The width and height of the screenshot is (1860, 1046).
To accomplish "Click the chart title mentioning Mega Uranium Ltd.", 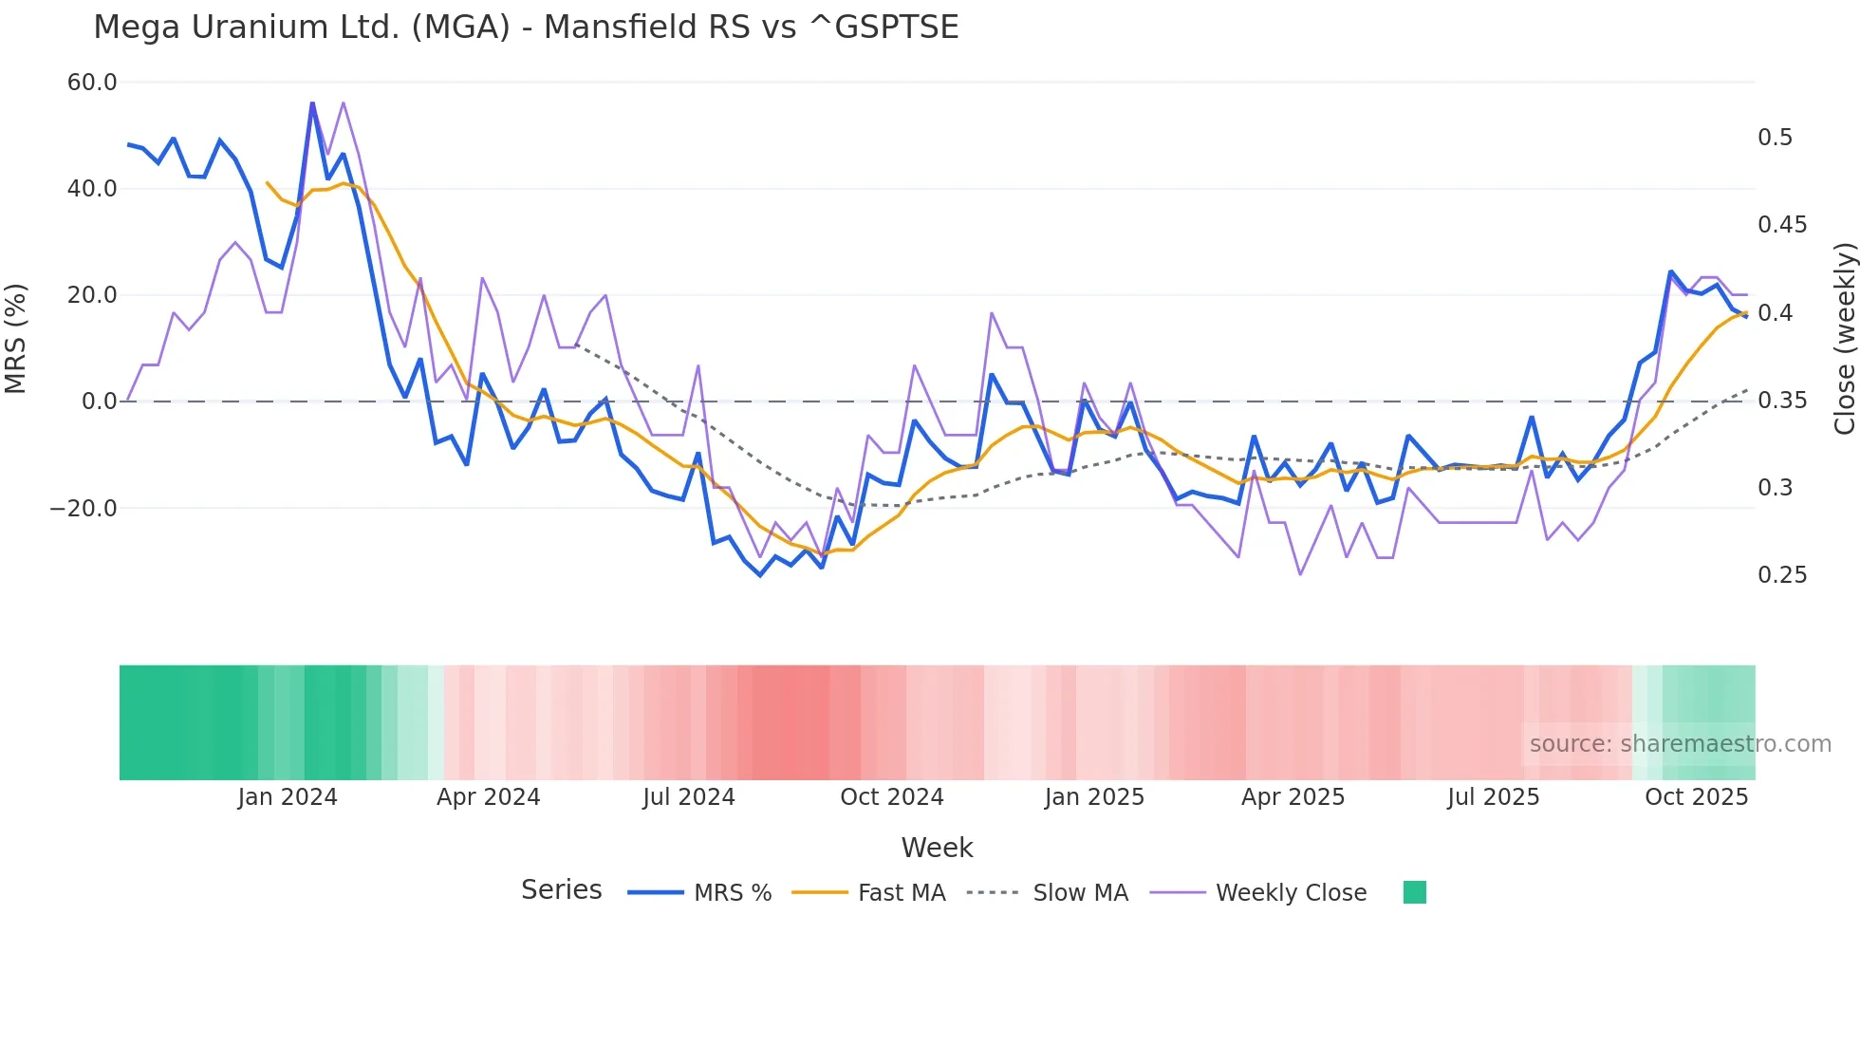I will pyautogui.click(x=526, y=27).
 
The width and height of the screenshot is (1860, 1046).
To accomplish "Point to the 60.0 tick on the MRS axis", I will pyautogui.click(x=92, y=83).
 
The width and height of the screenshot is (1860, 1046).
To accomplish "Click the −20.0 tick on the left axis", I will pyautogui.click(x=84, y=509).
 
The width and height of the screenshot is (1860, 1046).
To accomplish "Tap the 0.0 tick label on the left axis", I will pyautogui.click(x=99, y=402).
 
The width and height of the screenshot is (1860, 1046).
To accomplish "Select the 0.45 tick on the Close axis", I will pyautogui.click(x=1782, y=225).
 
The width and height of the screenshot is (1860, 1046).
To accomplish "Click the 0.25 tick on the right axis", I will pyautogui.click(x=1782, y=575).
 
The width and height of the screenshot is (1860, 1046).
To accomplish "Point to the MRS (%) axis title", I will pyautogui.click(x=16, y=339).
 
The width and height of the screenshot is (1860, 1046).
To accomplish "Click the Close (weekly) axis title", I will pyautogui.click(x=1844, y=339).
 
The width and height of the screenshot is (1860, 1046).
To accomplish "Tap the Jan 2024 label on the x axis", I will pyautogui.click(x=288, y=797).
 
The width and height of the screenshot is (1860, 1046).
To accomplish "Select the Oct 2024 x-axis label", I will pyautogui.click(x=892, y=797).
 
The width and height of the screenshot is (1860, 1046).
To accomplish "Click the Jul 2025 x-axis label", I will pyautogui.click(x=1494, y=797).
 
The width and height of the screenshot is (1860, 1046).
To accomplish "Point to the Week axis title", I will pyautogui.click(x=937, y=848).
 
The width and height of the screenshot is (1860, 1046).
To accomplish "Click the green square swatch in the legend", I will pyautogui.click(x=1415, y=892).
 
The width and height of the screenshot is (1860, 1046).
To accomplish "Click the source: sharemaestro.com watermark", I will pyautogui.click(x=1680, y=744).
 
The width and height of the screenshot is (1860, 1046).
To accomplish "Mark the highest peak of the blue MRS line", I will pyautogui.click(x=312, y=103).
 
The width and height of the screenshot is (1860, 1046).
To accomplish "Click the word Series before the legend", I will pyautogui.click(x=561, y=890).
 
